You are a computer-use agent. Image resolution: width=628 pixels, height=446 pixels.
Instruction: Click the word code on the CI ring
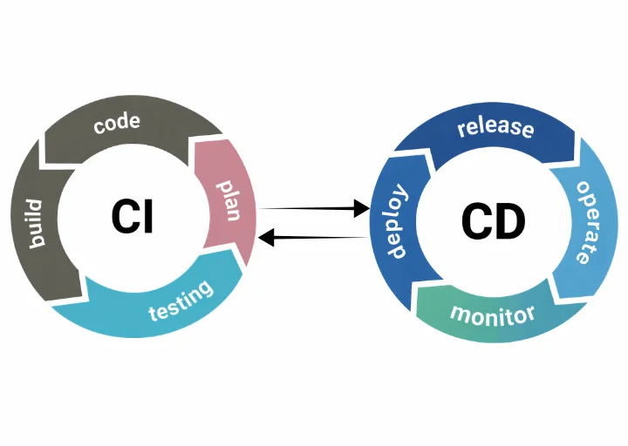coord(117,123)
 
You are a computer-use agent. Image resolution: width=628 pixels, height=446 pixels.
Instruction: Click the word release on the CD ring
coord(495,127)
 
